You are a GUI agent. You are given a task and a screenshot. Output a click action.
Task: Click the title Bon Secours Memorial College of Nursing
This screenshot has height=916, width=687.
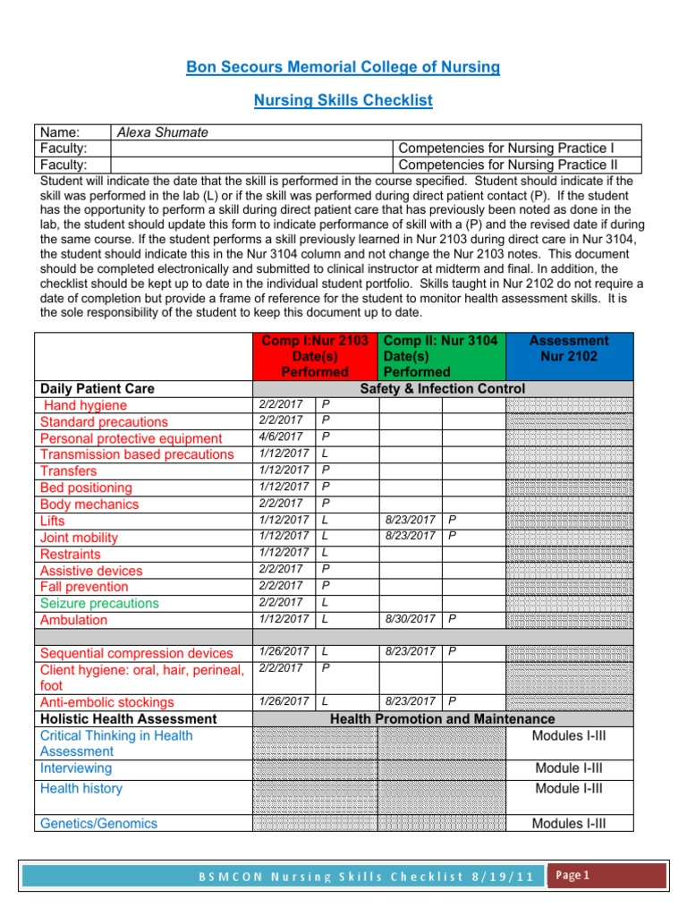point(343,67)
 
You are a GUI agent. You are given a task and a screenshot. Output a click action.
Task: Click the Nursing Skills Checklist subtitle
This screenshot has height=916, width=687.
point(343,100)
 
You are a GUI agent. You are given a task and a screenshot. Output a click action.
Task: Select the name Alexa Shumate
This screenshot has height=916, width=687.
point(163,132)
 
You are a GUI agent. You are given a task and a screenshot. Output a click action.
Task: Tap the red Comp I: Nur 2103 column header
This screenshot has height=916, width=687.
point(316,356)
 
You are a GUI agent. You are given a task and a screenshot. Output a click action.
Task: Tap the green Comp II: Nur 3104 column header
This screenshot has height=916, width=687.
point(441,356)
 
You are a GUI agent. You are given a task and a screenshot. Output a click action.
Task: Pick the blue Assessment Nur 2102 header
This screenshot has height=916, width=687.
point(569,348)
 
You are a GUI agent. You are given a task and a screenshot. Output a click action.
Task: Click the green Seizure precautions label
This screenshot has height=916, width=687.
point(99,603)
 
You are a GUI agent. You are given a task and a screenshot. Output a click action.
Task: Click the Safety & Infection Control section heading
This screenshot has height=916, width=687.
point(442,388)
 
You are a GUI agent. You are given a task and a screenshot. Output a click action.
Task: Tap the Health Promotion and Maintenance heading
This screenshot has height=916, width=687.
point(442,719)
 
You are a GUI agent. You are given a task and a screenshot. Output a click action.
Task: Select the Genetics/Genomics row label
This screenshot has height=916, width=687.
point(98,823)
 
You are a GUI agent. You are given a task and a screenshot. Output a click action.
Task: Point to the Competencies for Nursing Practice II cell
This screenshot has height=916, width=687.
point(506,165)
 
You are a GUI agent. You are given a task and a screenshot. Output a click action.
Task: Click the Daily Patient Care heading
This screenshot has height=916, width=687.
point(97,388)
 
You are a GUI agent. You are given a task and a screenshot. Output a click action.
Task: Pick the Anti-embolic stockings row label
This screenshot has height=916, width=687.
point(107,702)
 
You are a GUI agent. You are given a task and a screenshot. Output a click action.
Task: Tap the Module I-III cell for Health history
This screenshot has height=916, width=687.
point(568,788)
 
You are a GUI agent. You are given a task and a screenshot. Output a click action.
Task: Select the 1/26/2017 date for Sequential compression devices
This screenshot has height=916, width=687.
point(283,652)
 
